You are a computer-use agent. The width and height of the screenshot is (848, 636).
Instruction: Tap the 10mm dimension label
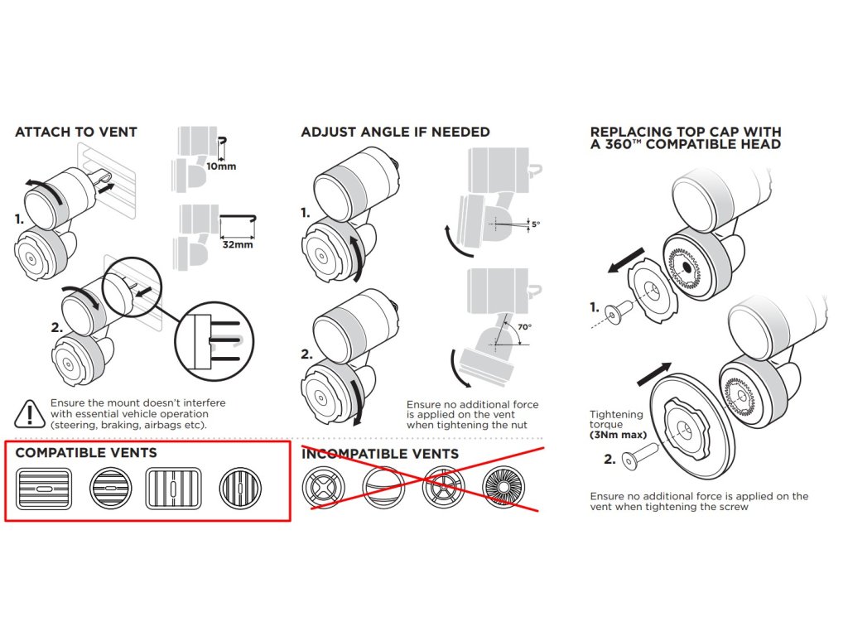[221, 166]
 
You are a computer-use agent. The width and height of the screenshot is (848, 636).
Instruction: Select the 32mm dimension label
[238, 245]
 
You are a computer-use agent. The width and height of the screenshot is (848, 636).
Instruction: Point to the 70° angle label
[524, 326]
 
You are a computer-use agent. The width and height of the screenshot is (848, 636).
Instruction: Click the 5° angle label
[535, 224]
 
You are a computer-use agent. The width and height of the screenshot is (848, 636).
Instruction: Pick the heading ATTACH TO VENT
[76, 132]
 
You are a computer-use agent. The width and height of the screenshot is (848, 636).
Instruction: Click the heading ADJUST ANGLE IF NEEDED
[395, 132]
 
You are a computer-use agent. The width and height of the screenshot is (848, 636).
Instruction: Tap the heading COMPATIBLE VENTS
[86, 453]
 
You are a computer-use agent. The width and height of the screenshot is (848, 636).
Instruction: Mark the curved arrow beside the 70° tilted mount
[458, 370]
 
